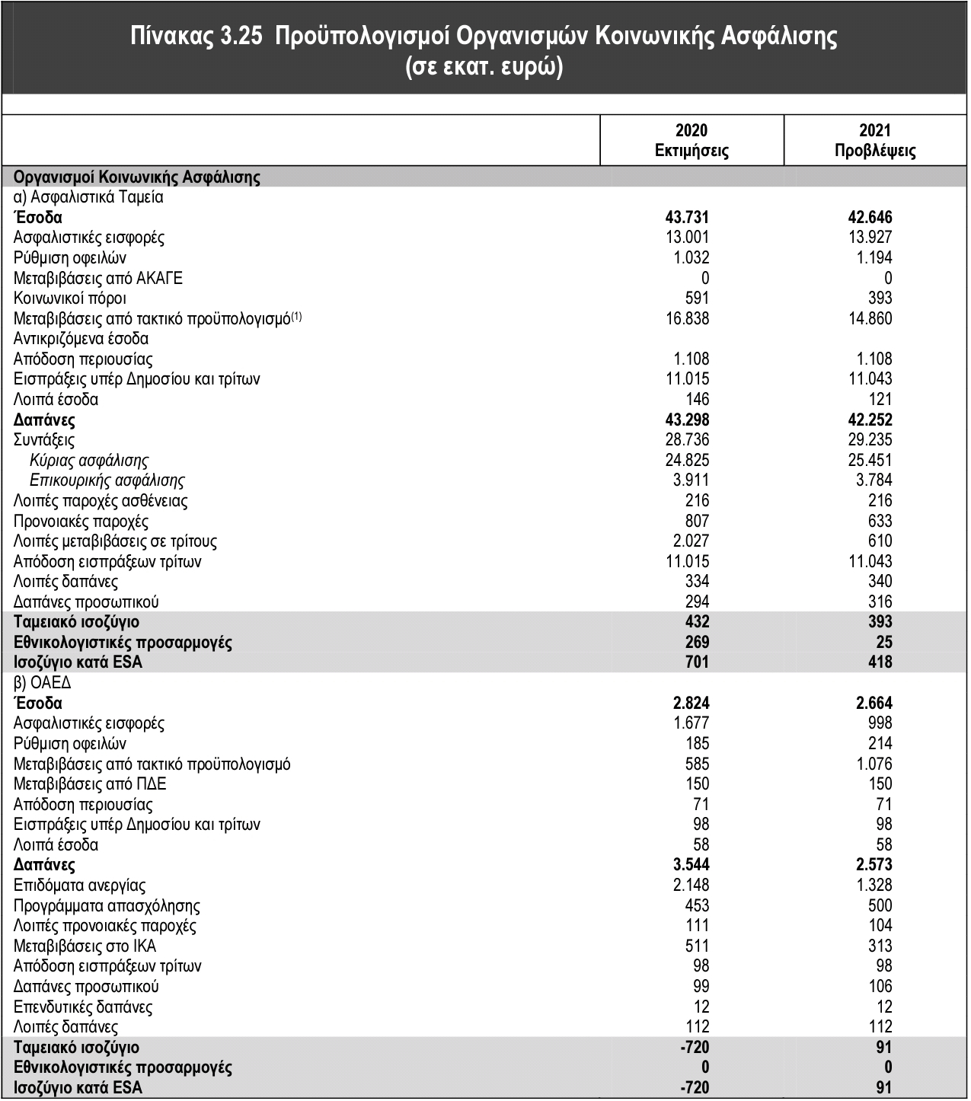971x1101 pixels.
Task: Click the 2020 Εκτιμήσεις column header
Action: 692,141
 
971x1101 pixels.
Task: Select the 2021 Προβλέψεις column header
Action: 875,141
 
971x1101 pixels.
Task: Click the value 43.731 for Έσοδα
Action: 687,218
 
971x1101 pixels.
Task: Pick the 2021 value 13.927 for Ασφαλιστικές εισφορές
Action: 870,238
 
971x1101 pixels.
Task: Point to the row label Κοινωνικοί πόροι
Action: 70,298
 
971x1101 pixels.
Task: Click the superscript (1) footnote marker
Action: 296,315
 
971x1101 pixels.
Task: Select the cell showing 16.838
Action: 687,319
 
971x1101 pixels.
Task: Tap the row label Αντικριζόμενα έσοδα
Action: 81,339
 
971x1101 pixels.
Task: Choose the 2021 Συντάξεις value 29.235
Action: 870,440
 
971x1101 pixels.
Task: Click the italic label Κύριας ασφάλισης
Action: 89,461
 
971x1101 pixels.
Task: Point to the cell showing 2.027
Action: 691,541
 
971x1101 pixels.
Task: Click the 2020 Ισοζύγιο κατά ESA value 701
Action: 696,662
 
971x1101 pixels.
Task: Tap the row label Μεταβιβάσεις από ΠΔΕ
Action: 90,784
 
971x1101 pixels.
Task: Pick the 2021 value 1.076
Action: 874,764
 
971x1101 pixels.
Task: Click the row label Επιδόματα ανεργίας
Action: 80,886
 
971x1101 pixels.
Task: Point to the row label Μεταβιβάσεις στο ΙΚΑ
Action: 85,946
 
